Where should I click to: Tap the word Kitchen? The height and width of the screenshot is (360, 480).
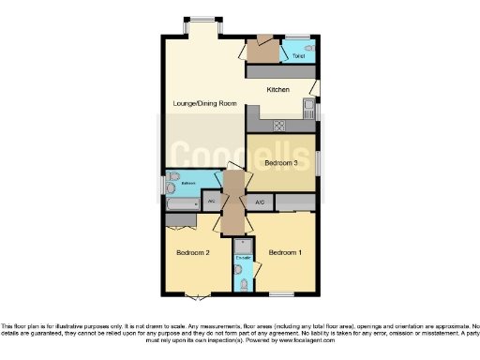(277, 90)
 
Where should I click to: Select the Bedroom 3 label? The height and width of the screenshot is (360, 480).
(280, 163)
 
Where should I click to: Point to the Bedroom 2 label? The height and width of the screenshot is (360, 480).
(192, 253)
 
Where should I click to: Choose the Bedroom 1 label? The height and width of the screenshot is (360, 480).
(284, 253)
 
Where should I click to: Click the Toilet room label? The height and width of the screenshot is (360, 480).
(298, 56)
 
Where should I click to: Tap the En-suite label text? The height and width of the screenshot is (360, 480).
(243, 256)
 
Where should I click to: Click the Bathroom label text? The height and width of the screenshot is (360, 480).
(187, 184)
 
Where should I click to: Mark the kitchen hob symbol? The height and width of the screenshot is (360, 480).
(278, 125)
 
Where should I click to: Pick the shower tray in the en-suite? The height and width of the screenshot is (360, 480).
(243, 245)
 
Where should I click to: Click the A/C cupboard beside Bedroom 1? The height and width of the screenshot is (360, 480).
(260, 202)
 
